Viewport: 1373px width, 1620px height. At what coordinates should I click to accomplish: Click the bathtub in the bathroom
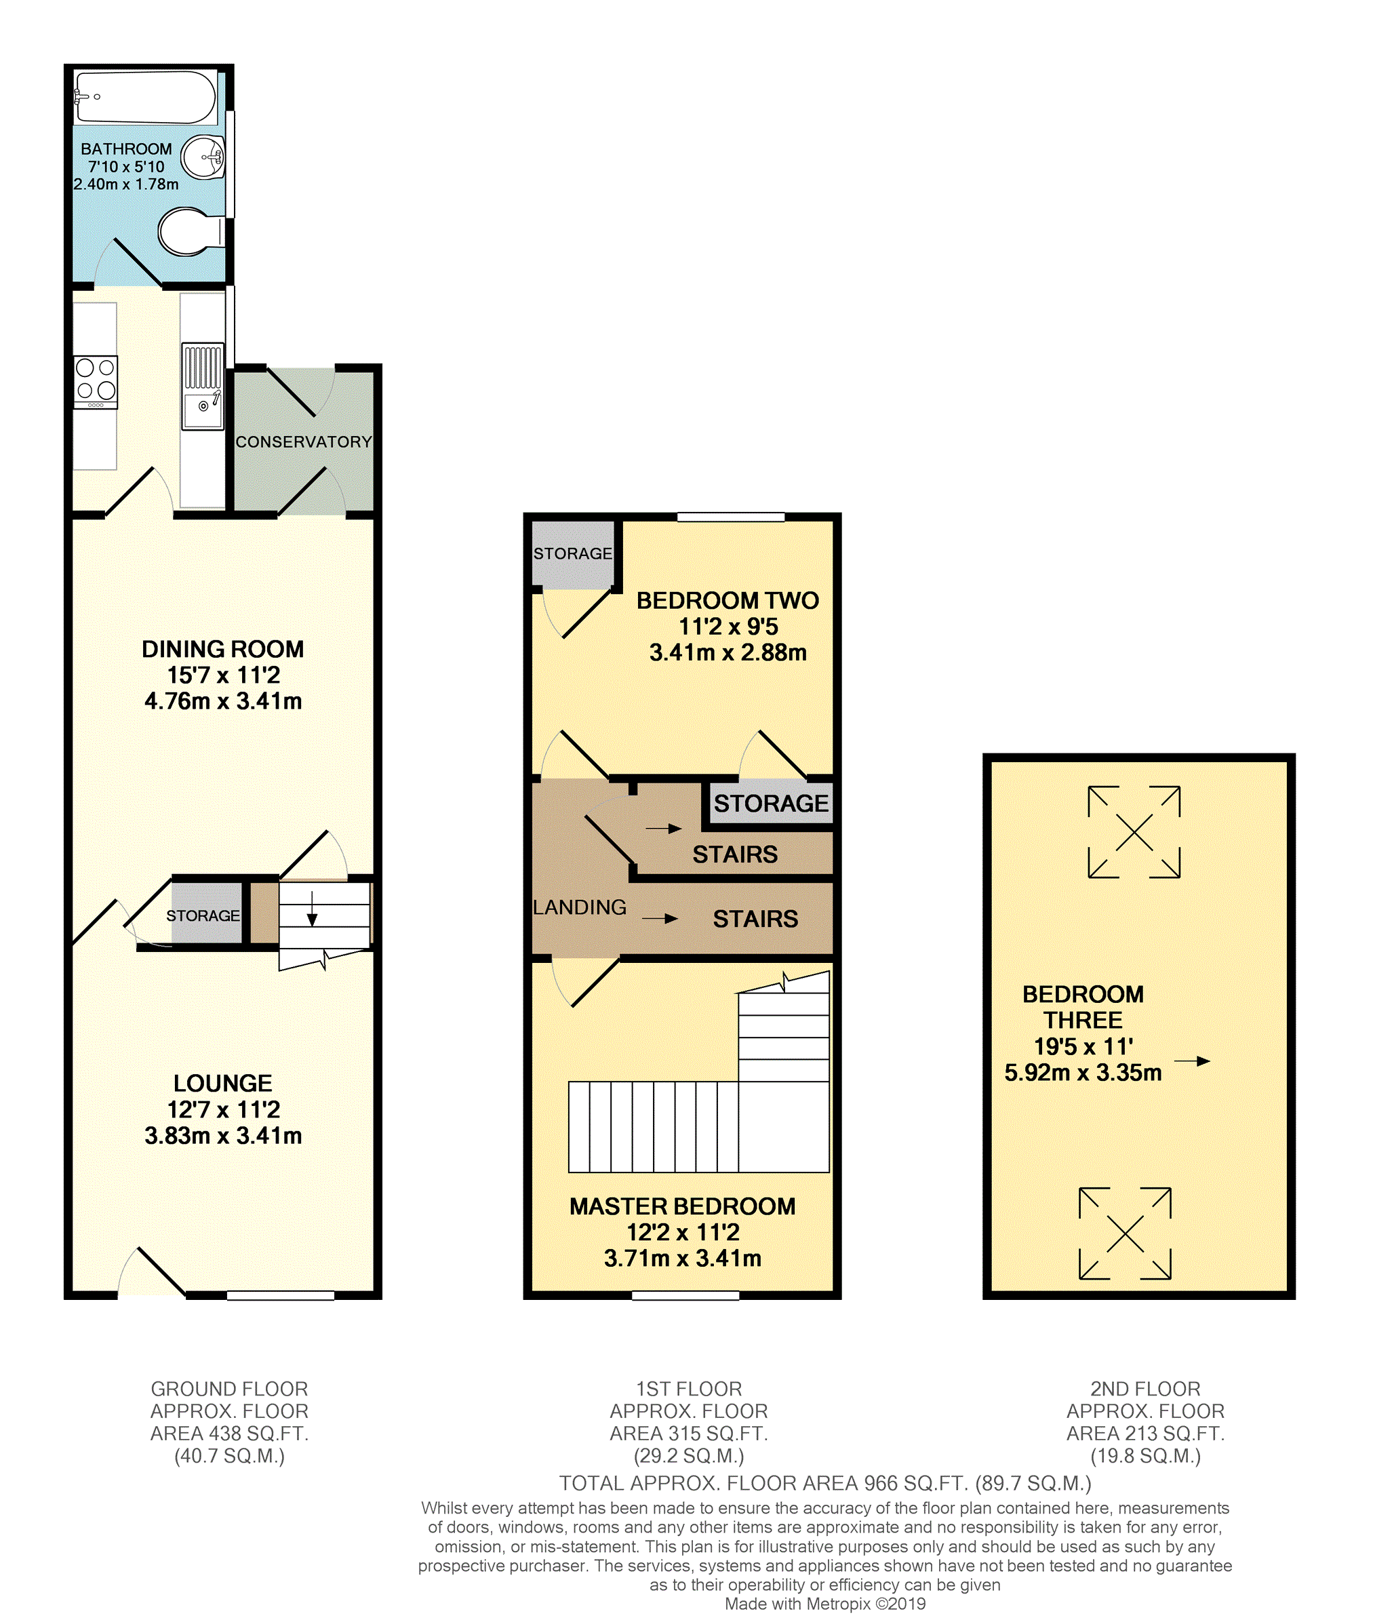tap(146, 98)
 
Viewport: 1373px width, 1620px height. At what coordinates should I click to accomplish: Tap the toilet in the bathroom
tap(191, 231)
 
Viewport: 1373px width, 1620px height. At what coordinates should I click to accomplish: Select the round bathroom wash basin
tap(203, 157)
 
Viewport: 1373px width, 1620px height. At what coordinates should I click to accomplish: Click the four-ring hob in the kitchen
tap(96, 382)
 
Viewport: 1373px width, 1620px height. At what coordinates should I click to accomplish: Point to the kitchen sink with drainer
tap(202, 386)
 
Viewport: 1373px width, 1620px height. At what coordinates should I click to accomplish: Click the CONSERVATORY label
tap(304, 442)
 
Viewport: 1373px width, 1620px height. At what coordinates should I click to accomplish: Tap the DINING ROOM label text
tap(222, 649)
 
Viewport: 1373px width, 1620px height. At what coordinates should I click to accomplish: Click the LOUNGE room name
tap(222, 1083)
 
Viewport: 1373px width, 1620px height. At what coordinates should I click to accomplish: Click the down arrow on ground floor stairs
tap(312, 909)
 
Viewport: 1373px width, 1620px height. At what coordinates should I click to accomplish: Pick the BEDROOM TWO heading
tap(728, 600)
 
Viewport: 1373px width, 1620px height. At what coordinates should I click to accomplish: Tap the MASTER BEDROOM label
tap(683, 1206)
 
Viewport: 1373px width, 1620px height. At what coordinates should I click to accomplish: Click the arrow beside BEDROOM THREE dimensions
tap(1193, 1061)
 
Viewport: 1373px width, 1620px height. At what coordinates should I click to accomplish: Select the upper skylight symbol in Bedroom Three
tap(1134, 831)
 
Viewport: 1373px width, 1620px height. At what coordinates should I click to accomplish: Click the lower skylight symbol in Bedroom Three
tap(1125, 1233)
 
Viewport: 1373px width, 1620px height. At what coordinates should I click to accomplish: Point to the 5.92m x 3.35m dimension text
tap(1083, 1072)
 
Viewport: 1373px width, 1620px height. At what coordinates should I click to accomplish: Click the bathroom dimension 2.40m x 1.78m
tap(126, 184)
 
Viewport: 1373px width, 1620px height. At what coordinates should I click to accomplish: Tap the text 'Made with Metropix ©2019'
tap(825, 1604)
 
